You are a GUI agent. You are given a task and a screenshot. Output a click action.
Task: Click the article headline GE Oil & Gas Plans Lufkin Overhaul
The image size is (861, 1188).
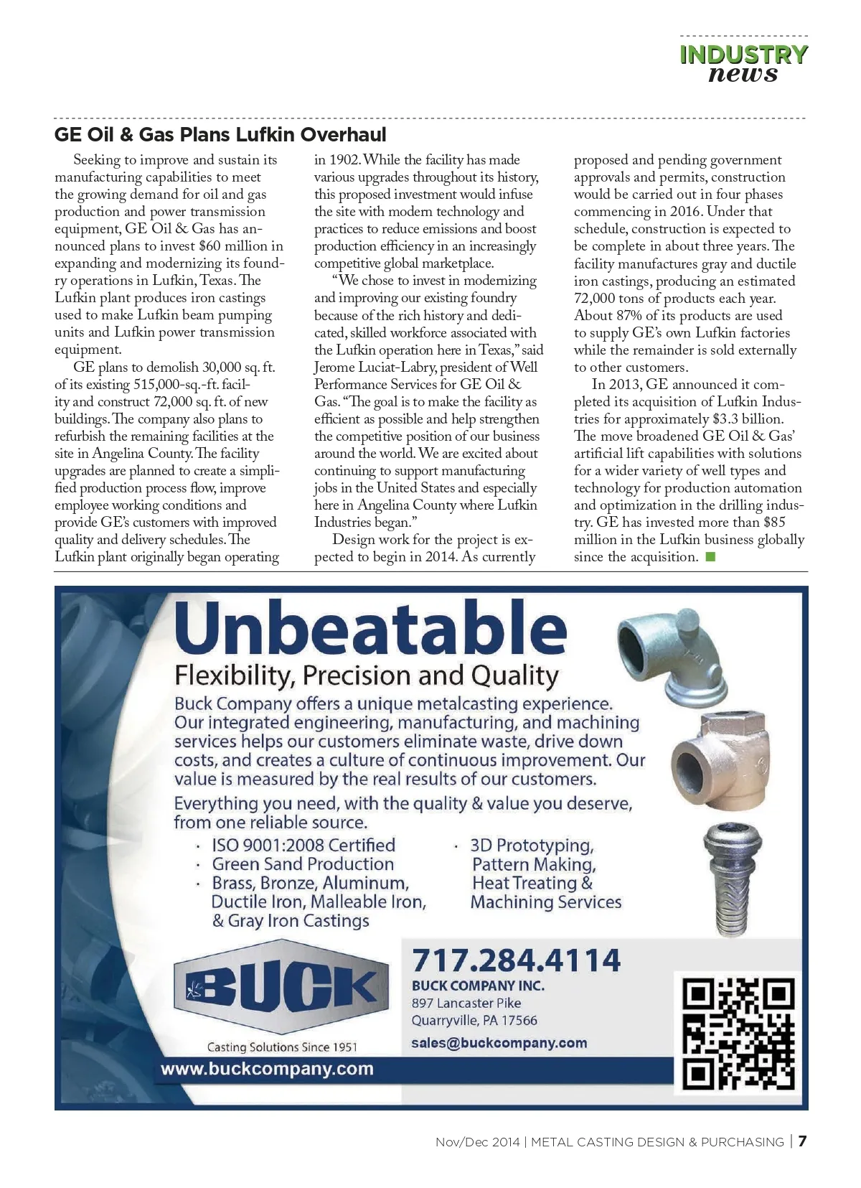(220, 135)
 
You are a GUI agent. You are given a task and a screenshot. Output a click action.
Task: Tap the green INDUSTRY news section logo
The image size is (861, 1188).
(743, 64)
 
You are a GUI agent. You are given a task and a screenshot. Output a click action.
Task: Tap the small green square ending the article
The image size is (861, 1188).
(710, 557)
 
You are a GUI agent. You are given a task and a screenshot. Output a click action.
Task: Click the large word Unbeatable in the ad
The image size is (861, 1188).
(370, 627)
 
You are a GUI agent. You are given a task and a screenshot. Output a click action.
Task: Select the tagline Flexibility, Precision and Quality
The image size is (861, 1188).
(366, 675)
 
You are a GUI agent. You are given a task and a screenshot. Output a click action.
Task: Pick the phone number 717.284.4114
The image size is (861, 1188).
(516, 960)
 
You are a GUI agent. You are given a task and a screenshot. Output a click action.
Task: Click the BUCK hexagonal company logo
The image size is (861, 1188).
(281, 986)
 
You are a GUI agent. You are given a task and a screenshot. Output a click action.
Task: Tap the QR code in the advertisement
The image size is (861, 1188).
(738, 1032)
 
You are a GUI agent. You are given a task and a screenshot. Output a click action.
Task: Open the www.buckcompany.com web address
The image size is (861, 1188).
(267, 1069)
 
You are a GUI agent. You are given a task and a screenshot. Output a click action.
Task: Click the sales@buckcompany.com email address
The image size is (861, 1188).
(499, 1043)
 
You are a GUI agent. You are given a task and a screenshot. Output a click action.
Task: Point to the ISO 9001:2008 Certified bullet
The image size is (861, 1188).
(303, 846)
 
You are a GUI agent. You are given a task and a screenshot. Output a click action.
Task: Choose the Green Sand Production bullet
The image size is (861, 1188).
(303, 864)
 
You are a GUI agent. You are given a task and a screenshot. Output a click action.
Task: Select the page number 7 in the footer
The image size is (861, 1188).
(802, 1141)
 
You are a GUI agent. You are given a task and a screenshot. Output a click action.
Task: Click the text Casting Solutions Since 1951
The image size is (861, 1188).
(281, 1047)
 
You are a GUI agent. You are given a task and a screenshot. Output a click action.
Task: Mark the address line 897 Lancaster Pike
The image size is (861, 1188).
(466, 1004)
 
